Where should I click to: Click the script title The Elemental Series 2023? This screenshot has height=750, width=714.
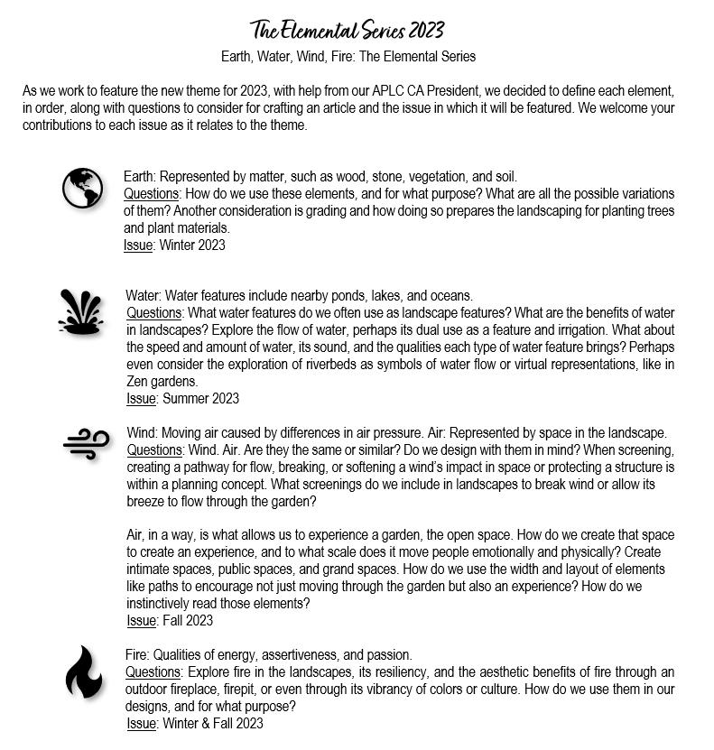pos(348,31)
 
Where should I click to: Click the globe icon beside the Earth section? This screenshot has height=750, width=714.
pos(82,188)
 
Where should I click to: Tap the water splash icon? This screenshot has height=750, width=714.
pos(80,311)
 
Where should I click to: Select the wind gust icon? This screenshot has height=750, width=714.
pos(87,443)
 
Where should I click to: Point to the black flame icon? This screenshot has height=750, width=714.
pos(83,672)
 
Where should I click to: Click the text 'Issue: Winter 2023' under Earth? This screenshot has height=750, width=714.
pos(174,245)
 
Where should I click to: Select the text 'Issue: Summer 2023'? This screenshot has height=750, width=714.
pos(182,398)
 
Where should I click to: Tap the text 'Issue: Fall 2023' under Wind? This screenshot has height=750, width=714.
pos(170,621)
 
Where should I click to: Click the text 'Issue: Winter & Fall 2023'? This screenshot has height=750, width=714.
pos(194,724)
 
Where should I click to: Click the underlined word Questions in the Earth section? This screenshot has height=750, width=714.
pos(152,194)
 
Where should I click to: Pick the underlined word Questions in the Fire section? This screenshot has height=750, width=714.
pos(153,672)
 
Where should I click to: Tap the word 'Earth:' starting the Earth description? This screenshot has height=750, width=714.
pos(141,177)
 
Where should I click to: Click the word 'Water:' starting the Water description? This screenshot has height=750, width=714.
pos(144,296)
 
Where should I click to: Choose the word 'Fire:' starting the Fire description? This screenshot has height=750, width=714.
pos(138,655)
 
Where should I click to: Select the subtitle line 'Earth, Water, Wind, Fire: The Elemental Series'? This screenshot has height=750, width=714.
pos(348,56)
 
